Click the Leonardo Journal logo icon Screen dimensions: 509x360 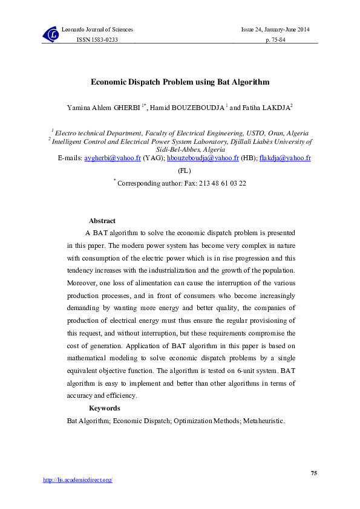(x=50, y=34)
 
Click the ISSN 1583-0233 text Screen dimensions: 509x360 (x=96, y=39)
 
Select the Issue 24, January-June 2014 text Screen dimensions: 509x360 (x=275, y=30)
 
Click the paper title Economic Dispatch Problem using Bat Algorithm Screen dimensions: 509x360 (x=180, y=82)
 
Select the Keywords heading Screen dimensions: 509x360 (x=104, y=408)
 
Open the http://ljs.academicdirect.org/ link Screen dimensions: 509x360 (x=77, y=480)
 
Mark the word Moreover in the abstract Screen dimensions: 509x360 (x=81, y=282)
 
